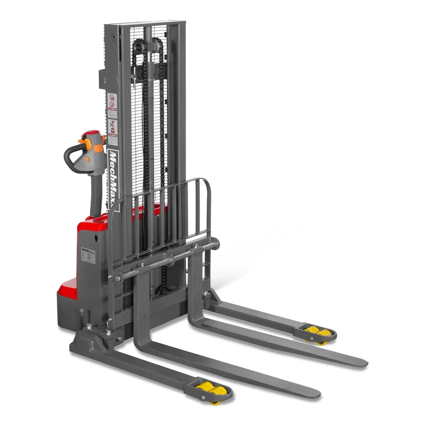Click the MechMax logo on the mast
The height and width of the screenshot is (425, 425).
113,178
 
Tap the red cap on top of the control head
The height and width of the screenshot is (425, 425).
90,133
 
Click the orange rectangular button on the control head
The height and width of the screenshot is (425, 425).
98,148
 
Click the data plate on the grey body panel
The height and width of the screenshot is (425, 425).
88,256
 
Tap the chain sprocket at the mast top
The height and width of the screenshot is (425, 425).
139,47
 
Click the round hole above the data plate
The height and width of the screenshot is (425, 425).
96,238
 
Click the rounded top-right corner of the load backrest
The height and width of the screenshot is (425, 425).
206,183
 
